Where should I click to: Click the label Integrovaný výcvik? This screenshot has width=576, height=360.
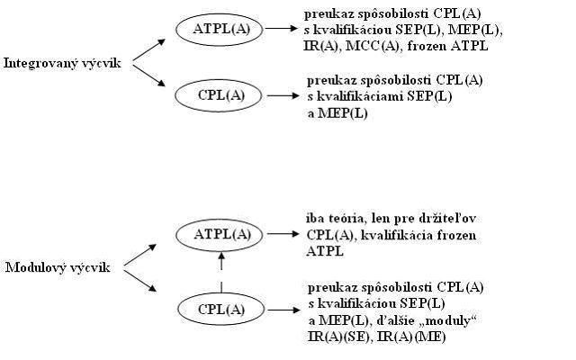point(62,64)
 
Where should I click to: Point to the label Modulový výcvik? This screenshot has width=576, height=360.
point(58,267)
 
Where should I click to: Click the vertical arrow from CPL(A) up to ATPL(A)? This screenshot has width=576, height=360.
point(221,272)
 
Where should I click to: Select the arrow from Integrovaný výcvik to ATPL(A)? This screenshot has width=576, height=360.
point(149,49)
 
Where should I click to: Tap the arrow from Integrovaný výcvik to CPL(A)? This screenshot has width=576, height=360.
point(149,76)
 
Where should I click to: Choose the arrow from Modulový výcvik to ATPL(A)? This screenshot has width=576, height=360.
point(140,255)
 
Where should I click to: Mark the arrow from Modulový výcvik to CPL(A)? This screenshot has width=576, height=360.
point(140,281)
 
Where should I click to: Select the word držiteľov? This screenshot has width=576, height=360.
point(447,219)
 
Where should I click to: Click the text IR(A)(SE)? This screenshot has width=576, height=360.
point(338,337)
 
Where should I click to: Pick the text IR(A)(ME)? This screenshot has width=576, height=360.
point(411,337)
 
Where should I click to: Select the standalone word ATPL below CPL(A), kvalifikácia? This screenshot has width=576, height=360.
point(325,251)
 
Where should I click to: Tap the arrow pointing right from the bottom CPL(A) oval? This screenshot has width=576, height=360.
point(284,310)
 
